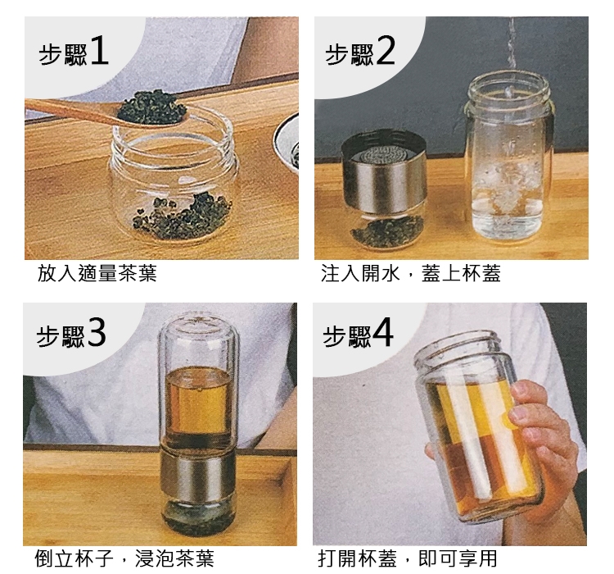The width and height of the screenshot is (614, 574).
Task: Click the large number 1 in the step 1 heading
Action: pos(99,51)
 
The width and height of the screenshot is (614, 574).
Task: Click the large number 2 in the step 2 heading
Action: pos(386,51)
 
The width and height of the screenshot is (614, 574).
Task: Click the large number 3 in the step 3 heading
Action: pos(97,333)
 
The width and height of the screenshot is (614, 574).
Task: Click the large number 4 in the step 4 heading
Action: pos(382,333)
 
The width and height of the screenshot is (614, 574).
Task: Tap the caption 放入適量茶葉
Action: pos(97,273)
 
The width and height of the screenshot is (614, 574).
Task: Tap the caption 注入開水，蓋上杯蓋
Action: pos(411,273)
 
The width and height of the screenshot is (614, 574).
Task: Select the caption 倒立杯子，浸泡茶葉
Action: pos(124,558)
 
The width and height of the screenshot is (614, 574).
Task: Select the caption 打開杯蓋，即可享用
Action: pos(408,558)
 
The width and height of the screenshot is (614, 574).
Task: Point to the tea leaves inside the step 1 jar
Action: pos(182,218)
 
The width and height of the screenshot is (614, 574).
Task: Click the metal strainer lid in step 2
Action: pos(384,171)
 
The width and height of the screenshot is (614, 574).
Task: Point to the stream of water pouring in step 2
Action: pos(511,55)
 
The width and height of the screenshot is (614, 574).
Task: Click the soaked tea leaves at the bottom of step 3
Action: pos(199,517)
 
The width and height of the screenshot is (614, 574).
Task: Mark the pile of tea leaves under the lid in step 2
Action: pos(388,231)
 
